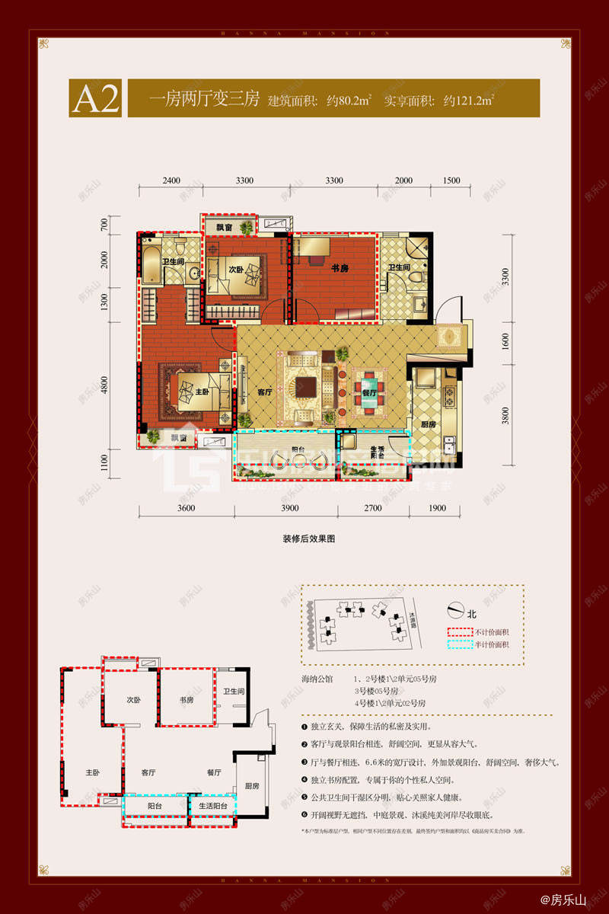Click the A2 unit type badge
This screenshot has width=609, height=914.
(96, 99)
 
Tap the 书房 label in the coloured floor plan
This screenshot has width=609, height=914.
(340, 268)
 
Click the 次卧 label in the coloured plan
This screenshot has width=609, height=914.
(236, 270)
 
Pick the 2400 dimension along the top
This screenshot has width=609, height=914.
(171, 181)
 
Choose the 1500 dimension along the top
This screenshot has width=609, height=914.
(451, 181)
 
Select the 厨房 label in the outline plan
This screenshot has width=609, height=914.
(252, 785)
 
